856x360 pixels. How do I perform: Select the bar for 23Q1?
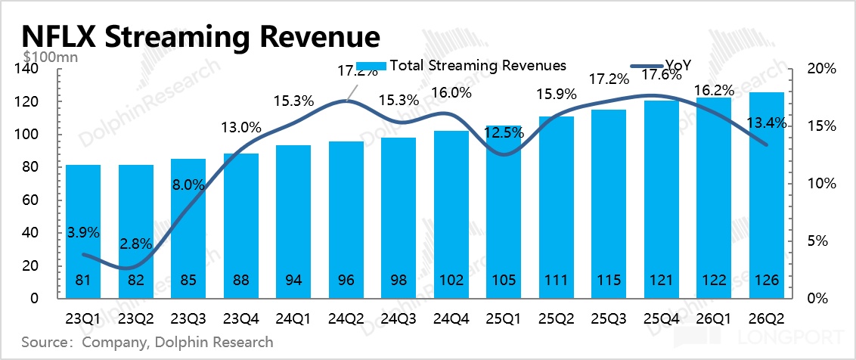point(83,231)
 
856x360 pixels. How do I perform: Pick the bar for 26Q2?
point(767,196)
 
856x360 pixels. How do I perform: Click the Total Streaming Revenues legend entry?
point(461,66)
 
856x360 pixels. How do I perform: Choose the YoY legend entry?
point(661,66)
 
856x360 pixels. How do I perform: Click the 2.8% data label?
point(136,245)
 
